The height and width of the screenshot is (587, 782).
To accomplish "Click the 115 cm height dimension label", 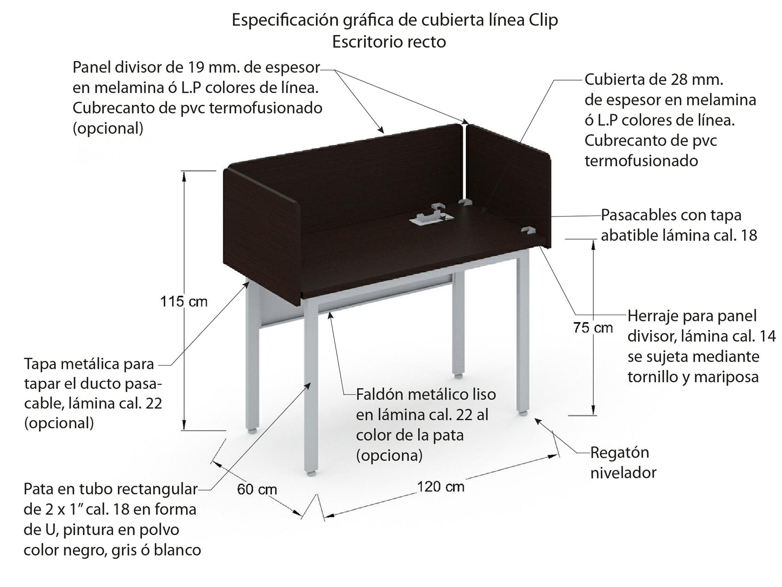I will coord(183,302).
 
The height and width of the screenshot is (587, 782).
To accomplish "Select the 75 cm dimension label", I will coord(593,328).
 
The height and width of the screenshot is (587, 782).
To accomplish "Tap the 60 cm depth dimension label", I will coord(257,490).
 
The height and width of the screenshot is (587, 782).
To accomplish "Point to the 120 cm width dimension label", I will coord(441,487).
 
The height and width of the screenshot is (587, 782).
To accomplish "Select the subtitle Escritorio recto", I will coord(389,42).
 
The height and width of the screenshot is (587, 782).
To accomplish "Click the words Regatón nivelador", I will coord(622,462).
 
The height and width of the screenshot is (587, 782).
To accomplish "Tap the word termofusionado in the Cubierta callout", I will coord(641,161).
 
